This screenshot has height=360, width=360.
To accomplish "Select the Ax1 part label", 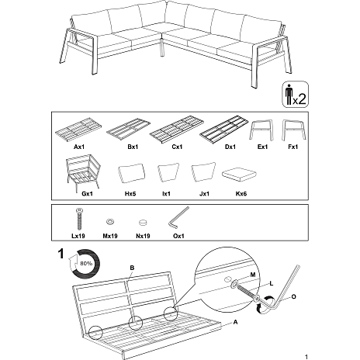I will pyautogui.click(x=79, y=146).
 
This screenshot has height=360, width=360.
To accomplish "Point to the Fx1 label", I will pyautogui.click(x=292, y=146).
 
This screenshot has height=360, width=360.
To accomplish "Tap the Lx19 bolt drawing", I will pyautogui.click(x=78, y=220).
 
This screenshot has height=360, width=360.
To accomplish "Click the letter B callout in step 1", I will pyautogui.click(x=133, y=268).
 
